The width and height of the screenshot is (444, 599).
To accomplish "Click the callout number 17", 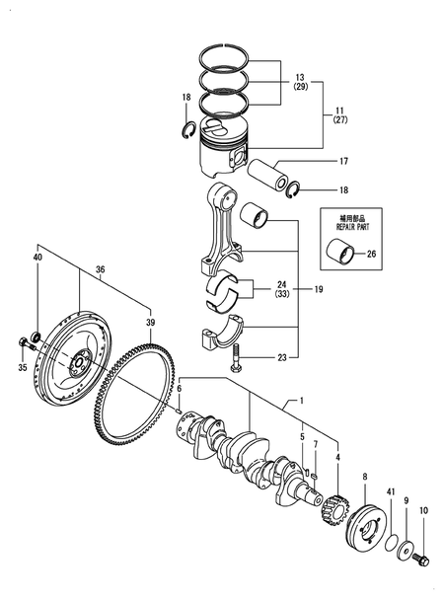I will tap(316, 161).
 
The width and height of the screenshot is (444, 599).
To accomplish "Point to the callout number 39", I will tap(150, 323).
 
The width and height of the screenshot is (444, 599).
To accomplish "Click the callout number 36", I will tap(100, 268).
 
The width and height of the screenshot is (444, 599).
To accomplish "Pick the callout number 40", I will tap(37, 258).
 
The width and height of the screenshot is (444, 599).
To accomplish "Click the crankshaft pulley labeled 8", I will tap(363, 521).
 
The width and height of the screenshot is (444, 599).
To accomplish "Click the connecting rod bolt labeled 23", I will tap(237, 365).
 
